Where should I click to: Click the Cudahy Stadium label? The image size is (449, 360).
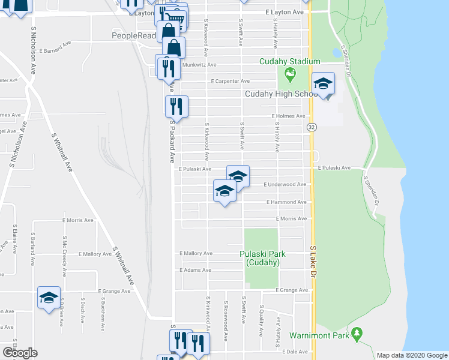point(289,61)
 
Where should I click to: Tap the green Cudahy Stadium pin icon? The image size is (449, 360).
point(291,75)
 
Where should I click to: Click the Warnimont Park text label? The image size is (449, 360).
point(319,335)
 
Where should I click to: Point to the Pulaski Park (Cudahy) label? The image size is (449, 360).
point(262,258)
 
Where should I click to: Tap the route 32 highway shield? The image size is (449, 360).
point(312,127)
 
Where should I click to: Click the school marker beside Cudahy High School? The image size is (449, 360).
point(323,85)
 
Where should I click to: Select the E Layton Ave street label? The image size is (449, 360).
point(285,12)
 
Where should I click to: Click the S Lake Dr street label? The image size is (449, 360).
point(313,261)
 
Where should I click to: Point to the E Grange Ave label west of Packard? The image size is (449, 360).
point(113,291)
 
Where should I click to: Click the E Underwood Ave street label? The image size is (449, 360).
point(285,185)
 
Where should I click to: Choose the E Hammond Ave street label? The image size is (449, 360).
point(287,203)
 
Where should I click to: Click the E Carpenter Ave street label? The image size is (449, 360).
point(229,81)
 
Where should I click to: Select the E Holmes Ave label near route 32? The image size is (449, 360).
point(289,116)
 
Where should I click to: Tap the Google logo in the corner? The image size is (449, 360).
point(19,353)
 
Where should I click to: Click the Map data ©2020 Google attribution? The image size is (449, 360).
point(412,355)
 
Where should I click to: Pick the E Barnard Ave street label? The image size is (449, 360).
point(55,43)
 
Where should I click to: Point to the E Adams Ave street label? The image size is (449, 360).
point(196,271)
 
